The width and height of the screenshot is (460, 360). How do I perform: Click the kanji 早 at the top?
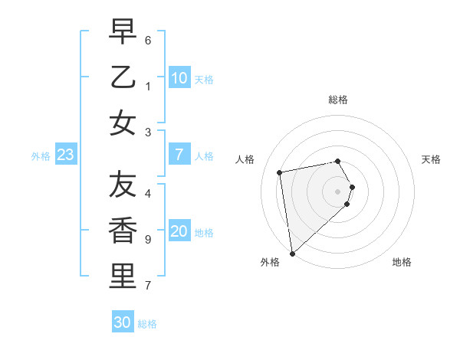123,32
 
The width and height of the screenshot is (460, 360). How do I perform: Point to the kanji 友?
123,185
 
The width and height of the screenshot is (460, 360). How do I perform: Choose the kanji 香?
123,231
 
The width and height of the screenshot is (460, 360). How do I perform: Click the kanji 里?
123,277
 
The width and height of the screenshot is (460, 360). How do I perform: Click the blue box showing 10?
179,78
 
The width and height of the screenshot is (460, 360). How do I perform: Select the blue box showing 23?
66,155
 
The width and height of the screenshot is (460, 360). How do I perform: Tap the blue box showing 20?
179,232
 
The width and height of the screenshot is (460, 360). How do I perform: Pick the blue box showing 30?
123,322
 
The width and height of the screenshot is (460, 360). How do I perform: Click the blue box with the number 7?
179,155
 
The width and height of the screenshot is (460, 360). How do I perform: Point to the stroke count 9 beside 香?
148,240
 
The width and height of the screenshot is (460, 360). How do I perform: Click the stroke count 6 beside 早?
148,40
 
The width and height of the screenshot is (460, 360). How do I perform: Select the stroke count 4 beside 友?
148,193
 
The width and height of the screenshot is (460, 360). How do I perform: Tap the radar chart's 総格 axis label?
338,100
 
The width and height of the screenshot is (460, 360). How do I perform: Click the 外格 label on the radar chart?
270,262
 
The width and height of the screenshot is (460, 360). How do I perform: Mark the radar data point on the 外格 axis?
292,254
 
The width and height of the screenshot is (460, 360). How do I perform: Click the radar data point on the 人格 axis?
280,172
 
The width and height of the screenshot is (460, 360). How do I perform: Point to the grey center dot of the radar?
338,191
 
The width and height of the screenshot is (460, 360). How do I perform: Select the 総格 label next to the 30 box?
148,324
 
